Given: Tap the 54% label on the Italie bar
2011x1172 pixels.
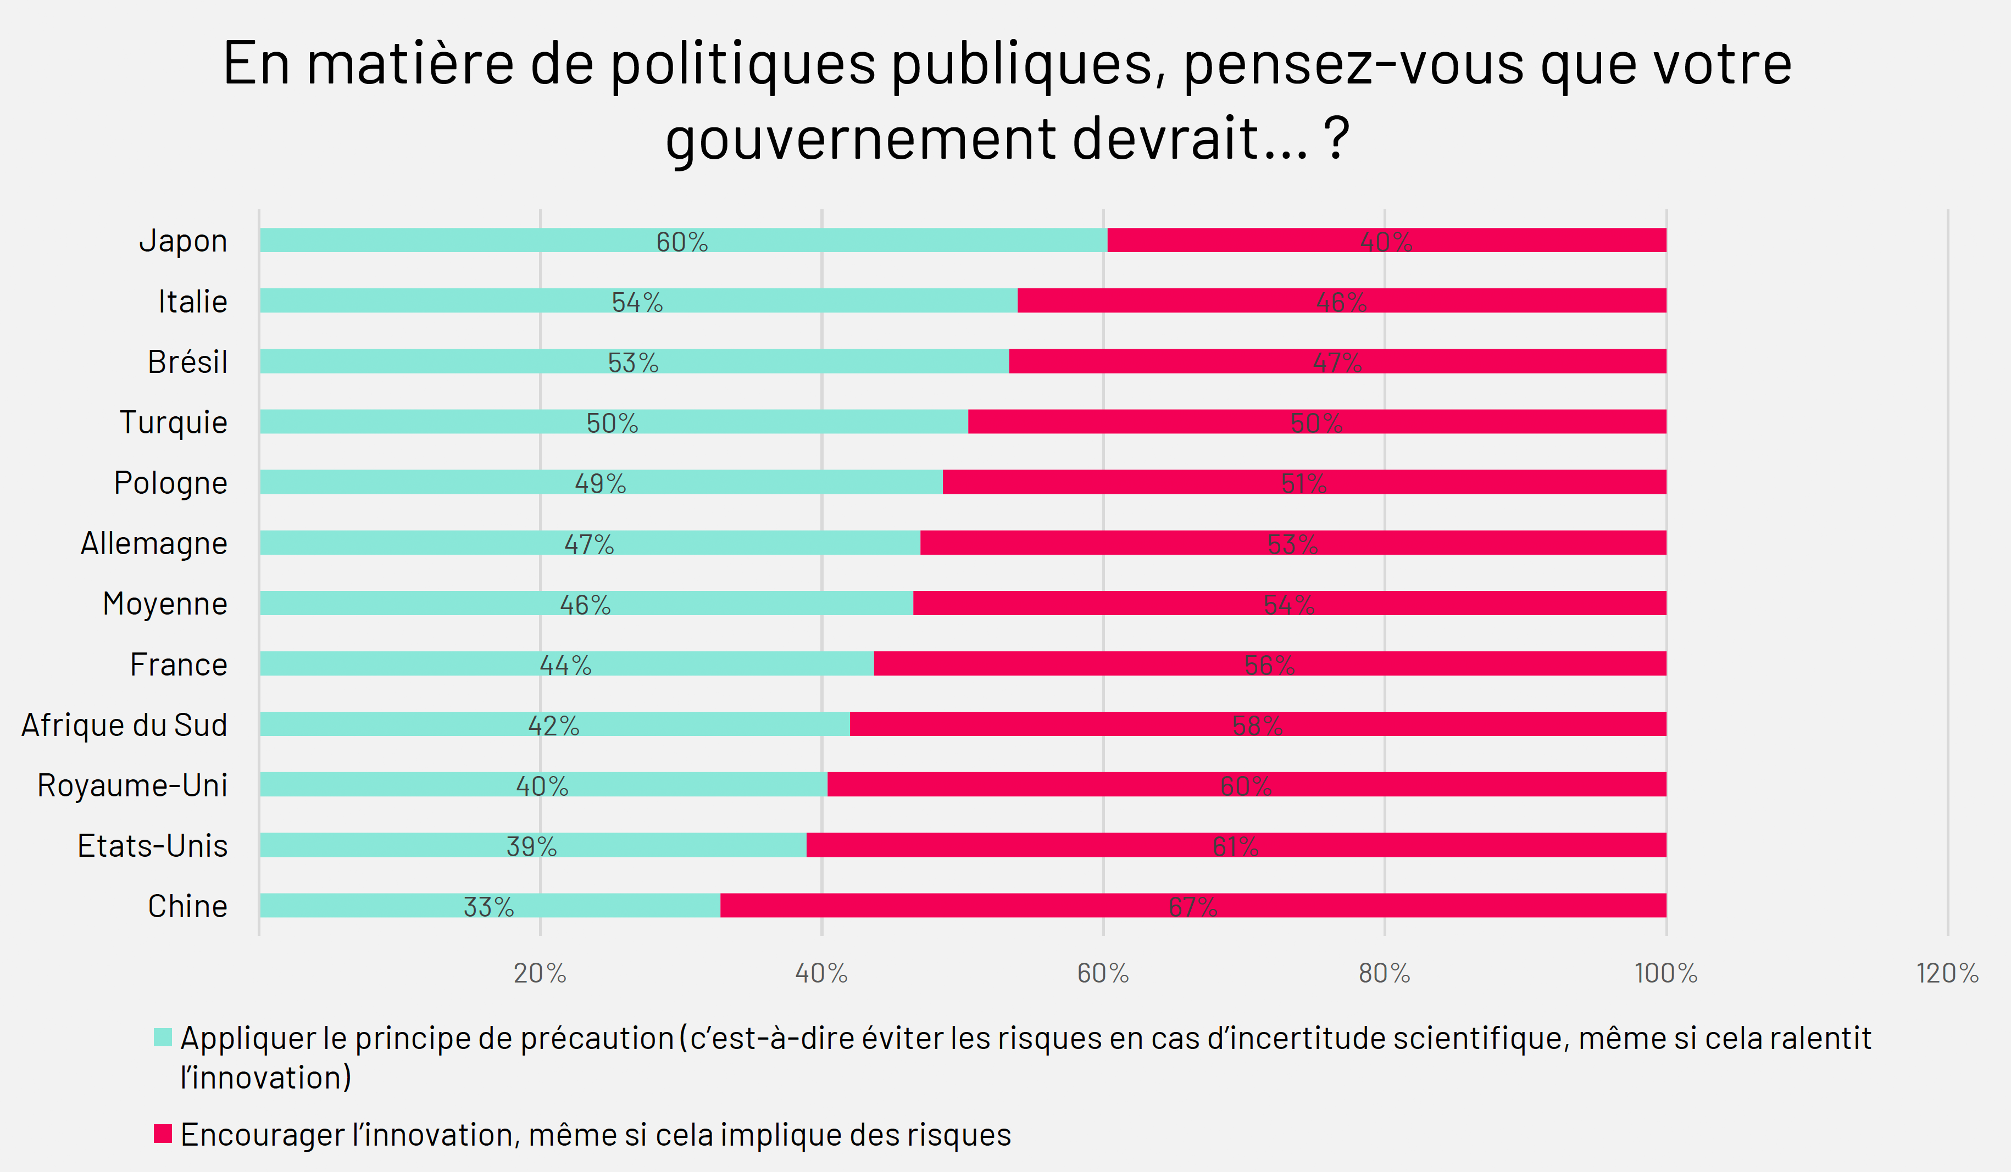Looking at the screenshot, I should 637,302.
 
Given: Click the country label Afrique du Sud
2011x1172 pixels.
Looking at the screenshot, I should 125,724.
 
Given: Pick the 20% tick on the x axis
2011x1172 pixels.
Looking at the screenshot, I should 540,973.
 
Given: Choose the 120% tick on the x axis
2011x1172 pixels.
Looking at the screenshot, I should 1947,973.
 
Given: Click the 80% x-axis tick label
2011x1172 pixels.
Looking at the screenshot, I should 1385,973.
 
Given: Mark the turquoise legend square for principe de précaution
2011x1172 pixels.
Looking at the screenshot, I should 163,1037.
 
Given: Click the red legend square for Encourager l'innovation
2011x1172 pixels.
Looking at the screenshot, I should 163,1134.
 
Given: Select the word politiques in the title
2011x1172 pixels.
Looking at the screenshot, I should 742,64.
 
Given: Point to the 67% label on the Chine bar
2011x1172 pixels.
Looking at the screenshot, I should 1193,906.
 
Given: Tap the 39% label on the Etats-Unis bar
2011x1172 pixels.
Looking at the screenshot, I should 531,846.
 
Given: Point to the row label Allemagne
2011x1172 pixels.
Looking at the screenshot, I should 154,543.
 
